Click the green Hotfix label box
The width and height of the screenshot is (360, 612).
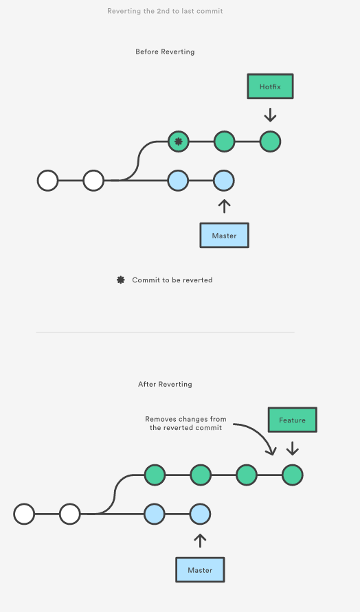coord(270,87)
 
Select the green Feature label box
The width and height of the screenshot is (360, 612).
coord(293,420)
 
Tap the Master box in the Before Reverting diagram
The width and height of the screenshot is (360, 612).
coord(224,236)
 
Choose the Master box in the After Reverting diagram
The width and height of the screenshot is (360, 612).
coord(200,570)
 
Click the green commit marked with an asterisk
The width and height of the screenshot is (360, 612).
coord(179,141)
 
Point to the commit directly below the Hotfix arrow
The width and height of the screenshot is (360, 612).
coord(270,141)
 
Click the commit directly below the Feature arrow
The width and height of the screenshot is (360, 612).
coord(293,475)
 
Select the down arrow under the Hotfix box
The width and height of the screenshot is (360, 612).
coord(270,115)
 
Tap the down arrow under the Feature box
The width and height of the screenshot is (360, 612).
coord(293,448)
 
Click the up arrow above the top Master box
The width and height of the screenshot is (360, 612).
coord(224,207)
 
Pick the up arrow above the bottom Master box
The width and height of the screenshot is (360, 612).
coord(200,541)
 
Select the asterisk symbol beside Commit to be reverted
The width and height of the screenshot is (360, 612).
coord(121,280)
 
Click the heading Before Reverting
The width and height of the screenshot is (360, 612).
coord(165,52)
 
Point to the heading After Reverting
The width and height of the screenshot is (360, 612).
coord(165,384)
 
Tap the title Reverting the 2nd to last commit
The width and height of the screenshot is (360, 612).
coord(165,11)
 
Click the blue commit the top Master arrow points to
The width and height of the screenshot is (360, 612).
coord(224,181)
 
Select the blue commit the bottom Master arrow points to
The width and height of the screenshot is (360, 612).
coord(201,514)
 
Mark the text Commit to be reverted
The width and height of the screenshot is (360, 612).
coord(172,280)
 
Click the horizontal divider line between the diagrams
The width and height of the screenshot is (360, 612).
coord(165,332)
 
